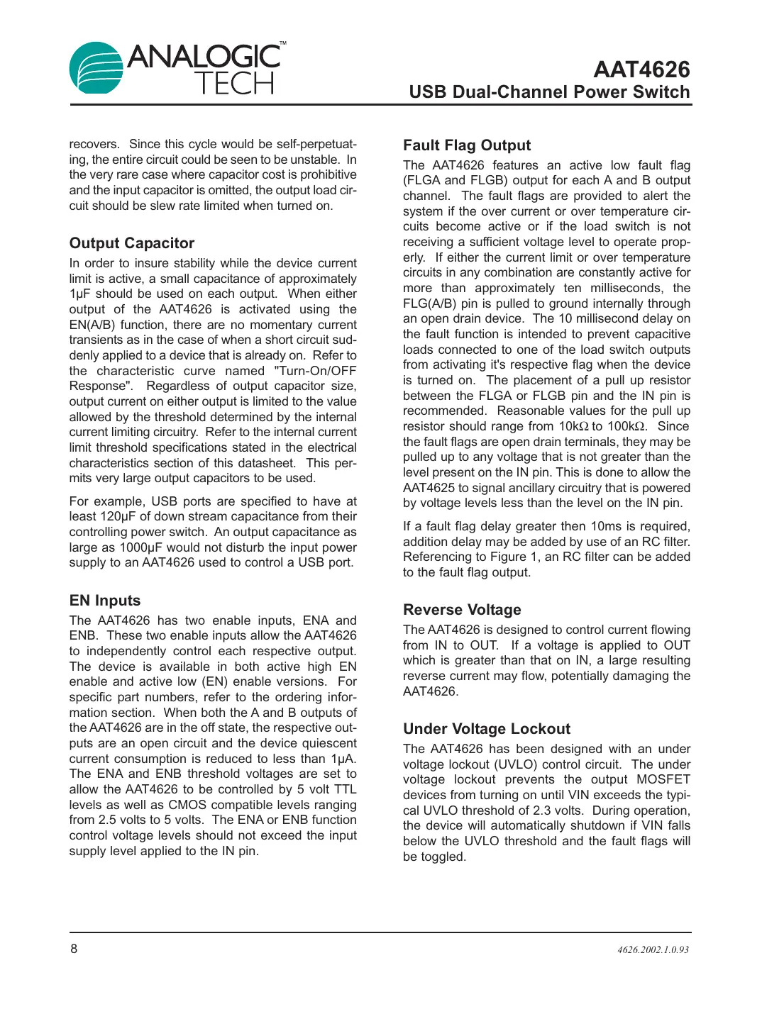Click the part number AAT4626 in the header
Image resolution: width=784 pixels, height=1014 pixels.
click(641, 69)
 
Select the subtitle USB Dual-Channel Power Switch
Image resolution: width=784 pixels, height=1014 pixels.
click(549, 92)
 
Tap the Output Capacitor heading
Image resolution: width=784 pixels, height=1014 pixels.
click(132, 243)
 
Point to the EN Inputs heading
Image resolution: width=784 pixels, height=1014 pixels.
click(105, 601)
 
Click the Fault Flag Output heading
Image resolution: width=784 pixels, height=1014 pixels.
click(467, 145)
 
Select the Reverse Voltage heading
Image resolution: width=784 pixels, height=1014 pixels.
click(462, 610)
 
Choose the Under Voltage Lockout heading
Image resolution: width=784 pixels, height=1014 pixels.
click(487, 729)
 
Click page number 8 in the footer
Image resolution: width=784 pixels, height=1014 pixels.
click(74, 949)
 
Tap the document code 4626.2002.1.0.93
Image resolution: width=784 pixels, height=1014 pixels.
click(653, 949)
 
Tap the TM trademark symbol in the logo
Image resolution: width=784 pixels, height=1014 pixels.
click(282, 44)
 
